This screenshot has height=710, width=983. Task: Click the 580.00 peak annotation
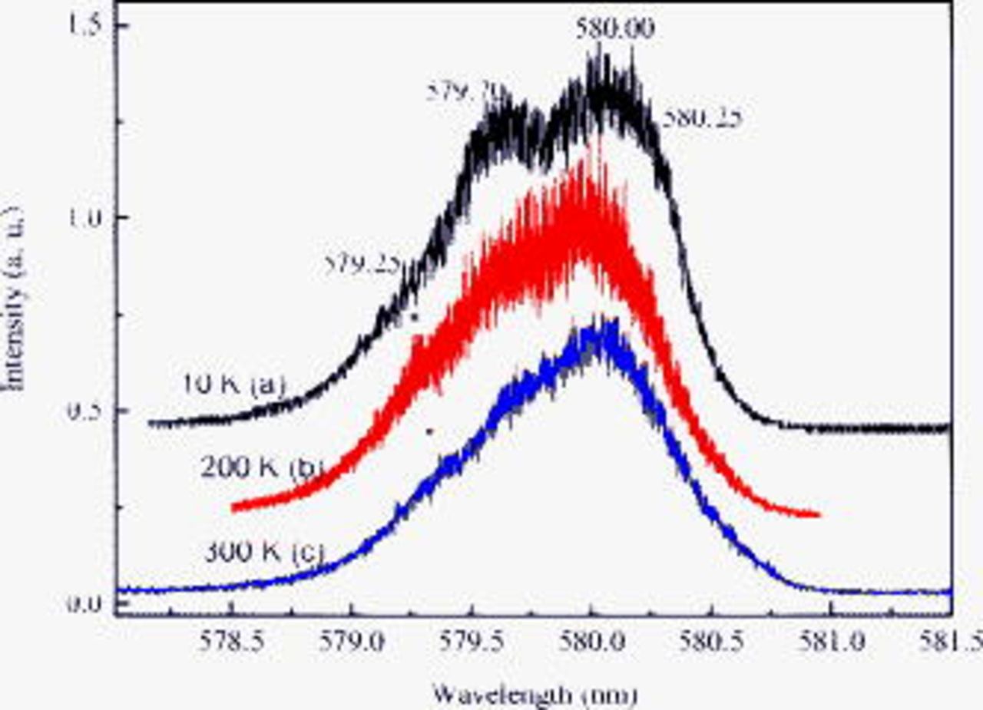(615, 29)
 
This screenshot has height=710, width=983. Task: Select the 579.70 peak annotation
(465, 93)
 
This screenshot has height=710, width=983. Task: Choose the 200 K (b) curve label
(259, 467)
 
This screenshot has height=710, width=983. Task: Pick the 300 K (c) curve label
(264, 551)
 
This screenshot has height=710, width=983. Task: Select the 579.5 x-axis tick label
(471, 642)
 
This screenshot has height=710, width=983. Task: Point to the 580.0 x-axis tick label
(591, 642)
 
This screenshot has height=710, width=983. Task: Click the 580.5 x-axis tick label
(710, 642)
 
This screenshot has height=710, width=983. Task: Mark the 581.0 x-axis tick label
(831, 642)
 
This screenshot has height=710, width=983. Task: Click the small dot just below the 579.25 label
(415, 317)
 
